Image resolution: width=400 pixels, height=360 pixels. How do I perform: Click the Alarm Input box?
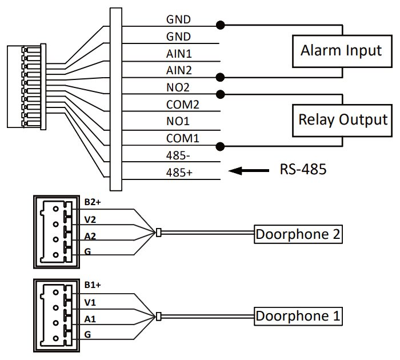coord(342,50)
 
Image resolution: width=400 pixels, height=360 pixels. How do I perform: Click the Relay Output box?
coord(342,121)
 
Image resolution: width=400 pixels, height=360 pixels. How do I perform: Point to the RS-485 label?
coord(303,170)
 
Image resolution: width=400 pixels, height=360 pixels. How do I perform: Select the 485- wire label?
coord(179,155)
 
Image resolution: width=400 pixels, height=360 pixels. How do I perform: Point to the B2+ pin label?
coord(92,202)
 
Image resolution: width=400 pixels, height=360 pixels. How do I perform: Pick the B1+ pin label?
coord(92,284)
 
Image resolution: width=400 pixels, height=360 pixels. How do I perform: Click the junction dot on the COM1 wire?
coord(220,146)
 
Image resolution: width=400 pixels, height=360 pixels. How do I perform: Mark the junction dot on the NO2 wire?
coord(220,93)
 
